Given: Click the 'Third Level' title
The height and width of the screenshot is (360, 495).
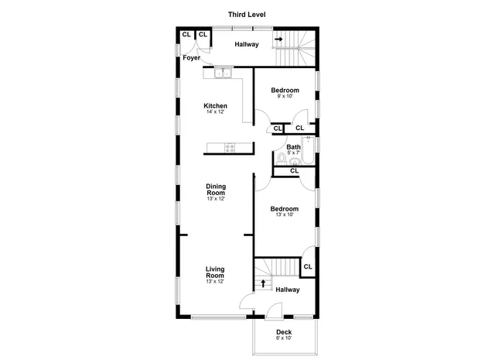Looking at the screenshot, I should [x=247, y=14].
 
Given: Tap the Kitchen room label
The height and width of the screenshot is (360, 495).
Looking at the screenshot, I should [x=215, y=106].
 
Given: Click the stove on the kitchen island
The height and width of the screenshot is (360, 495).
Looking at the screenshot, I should [x=230, y=148].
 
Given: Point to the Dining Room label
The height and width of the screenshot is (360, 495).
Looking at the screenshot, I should [x=215, y=189].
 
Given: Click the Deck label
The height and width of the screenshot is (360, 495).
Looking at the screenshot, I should [x=284, y=332].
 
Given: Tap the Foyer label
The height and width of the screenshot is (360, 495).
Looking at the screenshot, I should [x=192, y=58].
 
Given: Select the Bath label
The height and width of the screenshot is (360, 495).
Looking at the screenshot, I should [x=294, y=147].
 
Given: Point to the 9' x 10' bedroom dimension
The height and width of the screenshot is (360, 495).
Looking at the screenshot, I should [x=284, y=98].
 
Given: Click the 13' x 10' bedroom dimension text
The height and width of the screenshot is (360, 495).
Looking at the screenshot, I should [x=284, y=215].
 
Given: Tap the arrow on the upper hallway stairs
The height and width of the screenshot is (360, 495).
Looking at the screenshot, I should [x=278, y=37].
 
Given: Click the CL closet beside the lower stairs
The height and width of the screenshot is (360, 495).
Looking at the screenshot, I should [x=308, y=267].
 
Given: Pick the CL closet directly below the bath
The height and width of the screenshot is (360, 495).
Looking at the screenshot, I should [x=294, y=171].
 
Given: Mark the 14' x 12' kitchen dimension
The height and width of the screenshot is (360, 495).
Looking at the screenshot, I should [x=215, y=113].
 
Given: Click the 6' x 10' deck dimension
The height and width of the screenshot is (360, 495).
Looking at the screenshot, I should [x=284, y=338].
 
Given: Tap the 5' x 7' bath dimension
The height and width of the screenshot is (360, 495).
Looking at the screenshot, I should [x=294, y=153].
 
